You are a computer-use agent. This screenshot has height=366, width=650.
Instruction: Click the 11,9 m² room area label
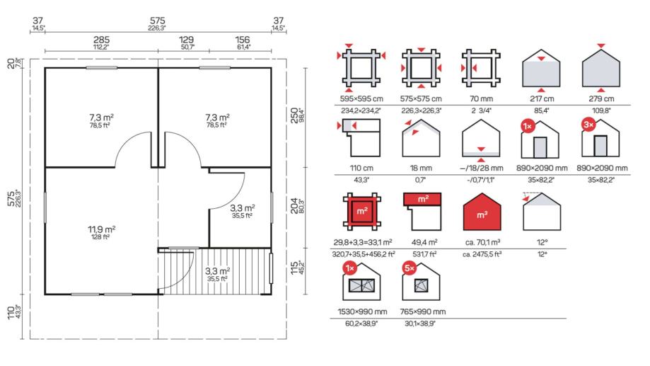coord(102,229)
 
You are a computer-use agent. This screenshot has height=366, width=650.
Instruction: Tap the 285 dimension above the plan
coord(101,40)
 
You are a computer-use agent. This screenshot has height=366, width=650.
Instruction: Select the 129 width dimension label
coord(186,40)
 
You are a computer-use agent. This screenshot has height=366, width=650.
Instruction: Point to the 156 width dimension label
coord(243,40)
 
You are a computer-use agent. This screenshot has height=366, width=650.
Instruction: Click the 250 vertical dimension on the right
coord(294,115)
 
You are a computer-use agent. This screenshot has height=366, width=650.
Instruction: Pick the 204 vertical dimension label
coord(294,206)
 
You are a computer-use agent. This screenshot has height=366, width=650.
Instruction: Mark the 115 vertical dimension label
coord(294,268)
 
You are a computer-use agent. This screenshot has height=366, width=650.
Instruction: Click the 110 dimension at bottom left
coord(11,313)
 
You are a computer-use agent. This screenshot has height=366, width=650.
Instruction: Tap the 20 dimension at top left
coord(11,64)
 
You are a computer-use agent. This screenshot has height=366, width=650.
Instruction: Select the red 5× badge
coord(409,268)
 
